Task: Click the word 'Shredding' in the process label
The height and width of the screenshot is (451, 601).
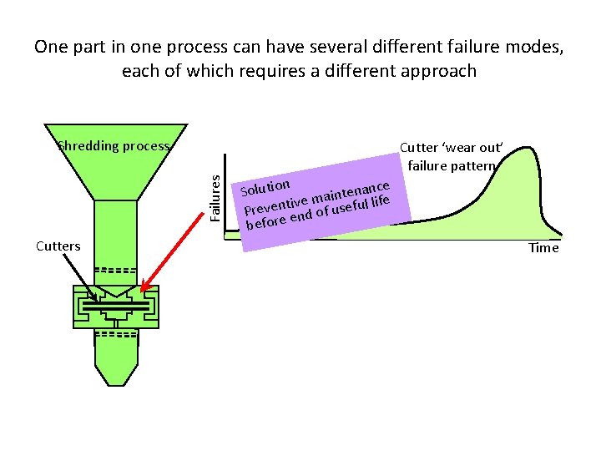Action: point(88,146)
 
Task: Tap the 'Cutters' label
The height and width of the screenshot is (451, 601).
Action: point(58,246)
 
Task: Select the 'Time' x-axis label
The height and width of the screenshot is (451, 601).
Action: point(543,248)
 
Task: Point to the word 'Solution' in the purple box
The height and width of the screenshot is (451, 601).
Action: point(265,186)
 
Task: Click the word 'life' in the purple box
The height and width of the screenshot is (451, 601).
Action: point(380,201)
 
